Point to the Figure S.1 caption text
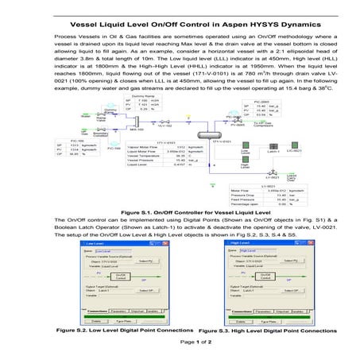[179, 213]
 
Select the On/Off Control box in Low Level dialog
[122, 275]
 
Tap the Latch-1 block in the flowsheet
[271, 149]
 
